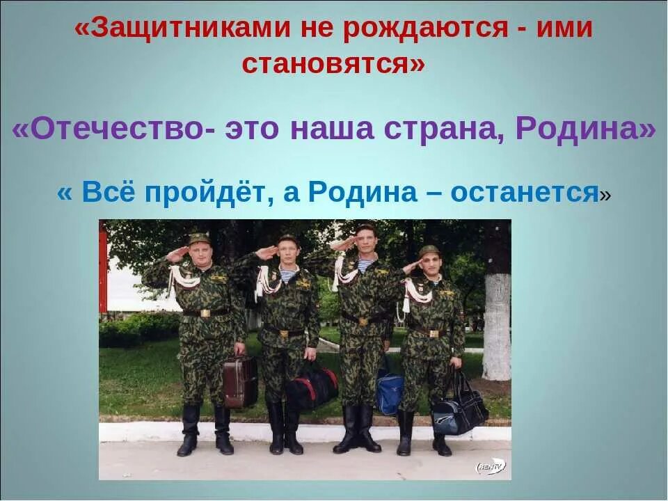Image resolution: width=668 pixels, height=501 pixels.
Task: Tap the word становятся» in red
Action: pyautogui.click(x=333, y=63)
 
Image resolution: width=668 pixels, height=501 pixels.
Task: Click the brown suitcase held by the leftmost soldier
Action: pyautogui.click(x=241, y=381)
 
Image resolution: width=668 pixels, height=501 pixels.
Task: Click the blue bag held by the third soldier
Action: pyautogui.click(x=390, y=392)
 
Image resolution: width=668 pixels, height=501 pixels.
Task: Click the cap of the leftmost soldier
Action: pyautogui.click(x=199, y=239)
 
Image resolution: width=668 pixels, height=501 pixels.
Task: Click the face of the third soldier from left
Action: pyautogui.click(x=364, y=244)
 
